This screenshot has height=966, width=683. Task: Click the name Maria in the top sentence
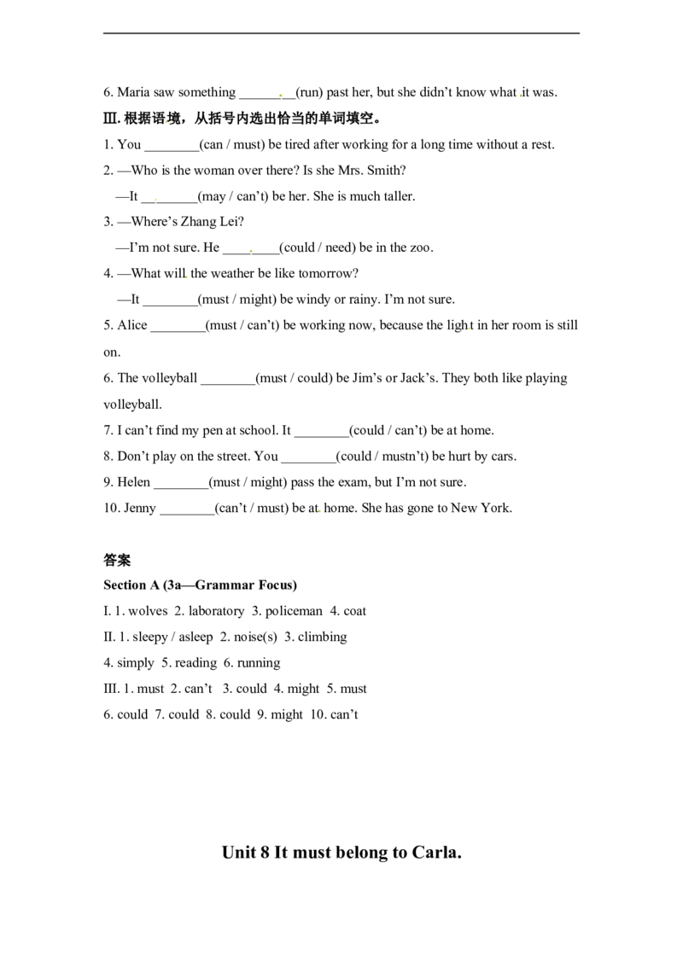click(x=134, y=92)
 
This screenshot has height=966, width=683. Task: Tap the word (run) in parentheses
click(x=309, y=92)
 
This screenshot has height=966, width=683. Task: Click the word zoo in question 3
click(x=420, y=247)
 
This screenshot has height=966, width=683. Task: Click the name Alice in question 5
click(x=132, y=325)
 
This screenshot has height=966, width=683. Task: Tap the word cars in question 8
click(x=502, y=457)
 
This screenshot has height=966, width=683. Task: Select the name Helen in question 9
click(x=134, y=482)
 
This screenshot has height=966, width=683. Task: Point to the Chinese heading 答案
click(x=117, y=560)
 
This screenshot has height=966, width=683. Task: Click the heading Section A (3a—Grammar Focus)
click(x=201, y=585)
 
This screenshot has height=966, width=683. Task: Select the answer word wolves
click(x=148, y=611)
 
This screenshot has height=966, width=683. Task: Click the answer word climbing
click(x=323, y=637)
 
